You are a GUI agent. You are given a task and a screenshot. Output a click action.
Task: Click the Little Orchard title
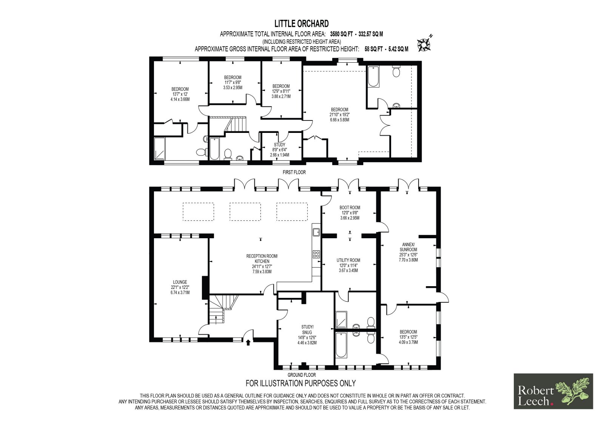[302, 24]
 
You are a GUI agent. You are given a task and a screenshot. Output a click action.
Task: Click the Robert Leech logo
[553, 391]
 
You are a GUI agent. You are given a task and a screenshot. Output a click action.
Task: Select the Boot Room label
[350, 208]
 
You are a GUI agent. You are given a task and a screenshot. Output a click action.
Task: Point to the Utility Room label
[348, 260]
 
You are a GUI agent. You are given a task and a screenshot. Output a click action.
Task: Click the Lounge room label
[180, 282]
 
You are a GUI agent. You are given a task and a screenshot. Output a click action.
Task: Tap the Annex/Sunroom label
[408, 247]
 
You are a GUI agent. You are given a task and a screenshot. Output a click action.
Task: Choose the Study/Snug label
[307, 330]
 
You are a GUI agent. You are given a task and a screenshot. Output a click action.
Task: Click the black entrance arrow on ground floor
[248, 342]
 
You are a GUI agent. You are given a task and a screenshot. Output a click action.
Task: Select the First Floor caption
[294, 172]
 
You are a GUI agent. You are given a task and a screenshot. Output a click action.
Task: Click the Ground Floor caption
[302, 375]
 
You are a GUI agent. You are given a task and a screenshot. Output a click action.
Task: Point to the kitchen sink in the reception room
[316, 232]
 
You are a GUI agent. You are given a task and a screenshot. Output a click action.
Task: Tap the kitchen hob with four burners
[316, 254]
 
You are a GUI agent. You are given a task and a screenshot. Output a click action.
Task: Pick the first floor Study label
[280, 145]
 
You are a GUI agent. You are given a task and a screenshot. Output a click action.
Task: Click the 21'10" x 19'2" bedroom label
[339, 115]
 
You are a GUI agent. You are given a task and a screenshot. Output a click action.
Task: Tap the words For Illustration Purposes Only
[300, 383]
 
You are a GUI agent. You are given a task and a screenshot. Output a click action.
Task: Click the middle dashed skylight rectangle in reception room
[245, 212]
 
